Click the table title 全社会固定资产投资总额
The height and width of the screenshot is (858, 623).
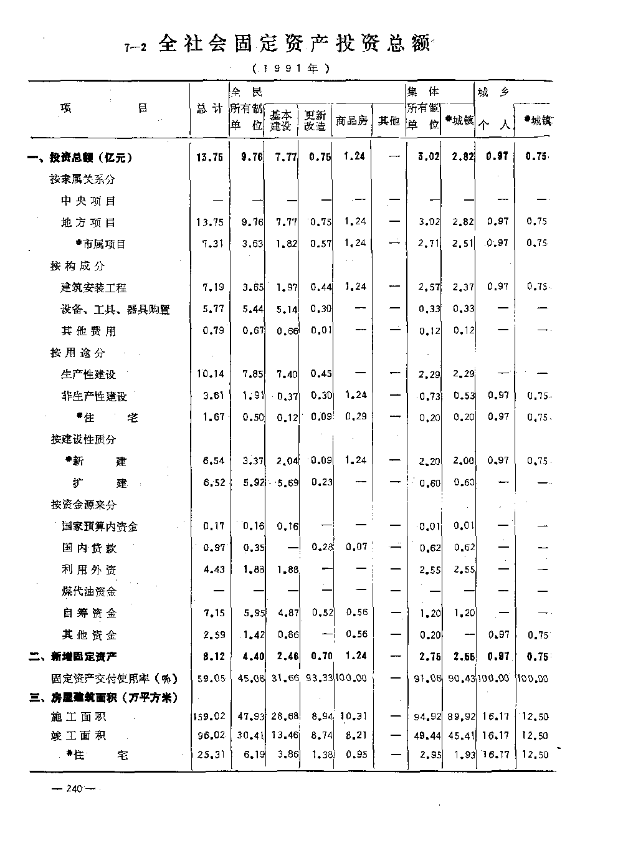tap(293, 44)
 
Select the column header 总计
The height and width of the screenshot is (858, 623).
tap(209, 109)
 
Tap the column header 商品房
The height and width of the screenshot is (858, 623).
tap(352, 120)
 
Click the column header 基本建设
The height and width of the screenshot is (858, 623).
tap(280, 120)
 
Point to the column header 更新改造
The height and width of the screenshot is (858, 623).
tap(315, 120)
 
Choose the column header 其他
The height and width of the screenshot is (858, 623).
tap(389, 120)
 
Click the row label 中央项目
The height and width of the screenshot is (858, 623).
tap(88, 201)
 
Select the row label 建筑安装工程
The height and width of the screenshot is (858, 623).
tap(93, 287)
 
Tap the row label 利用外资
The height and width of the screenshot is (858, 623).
tap(89, 570)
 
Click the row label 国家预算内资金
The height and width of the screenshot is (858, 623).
tap(100, 527)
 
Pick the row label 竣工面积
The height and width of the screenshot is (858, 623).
tap(78, 735)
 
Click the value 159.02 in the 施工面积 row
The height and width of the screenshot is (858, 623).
tap(209, 717)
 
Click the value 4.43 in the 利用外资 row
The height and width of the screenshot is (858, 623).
tap(214, 569)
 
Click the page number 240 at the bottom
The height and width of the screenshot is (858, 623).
tap(74, 789)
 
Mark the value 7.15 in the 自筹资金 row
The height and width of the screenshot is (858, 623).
tap(214, 613)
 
